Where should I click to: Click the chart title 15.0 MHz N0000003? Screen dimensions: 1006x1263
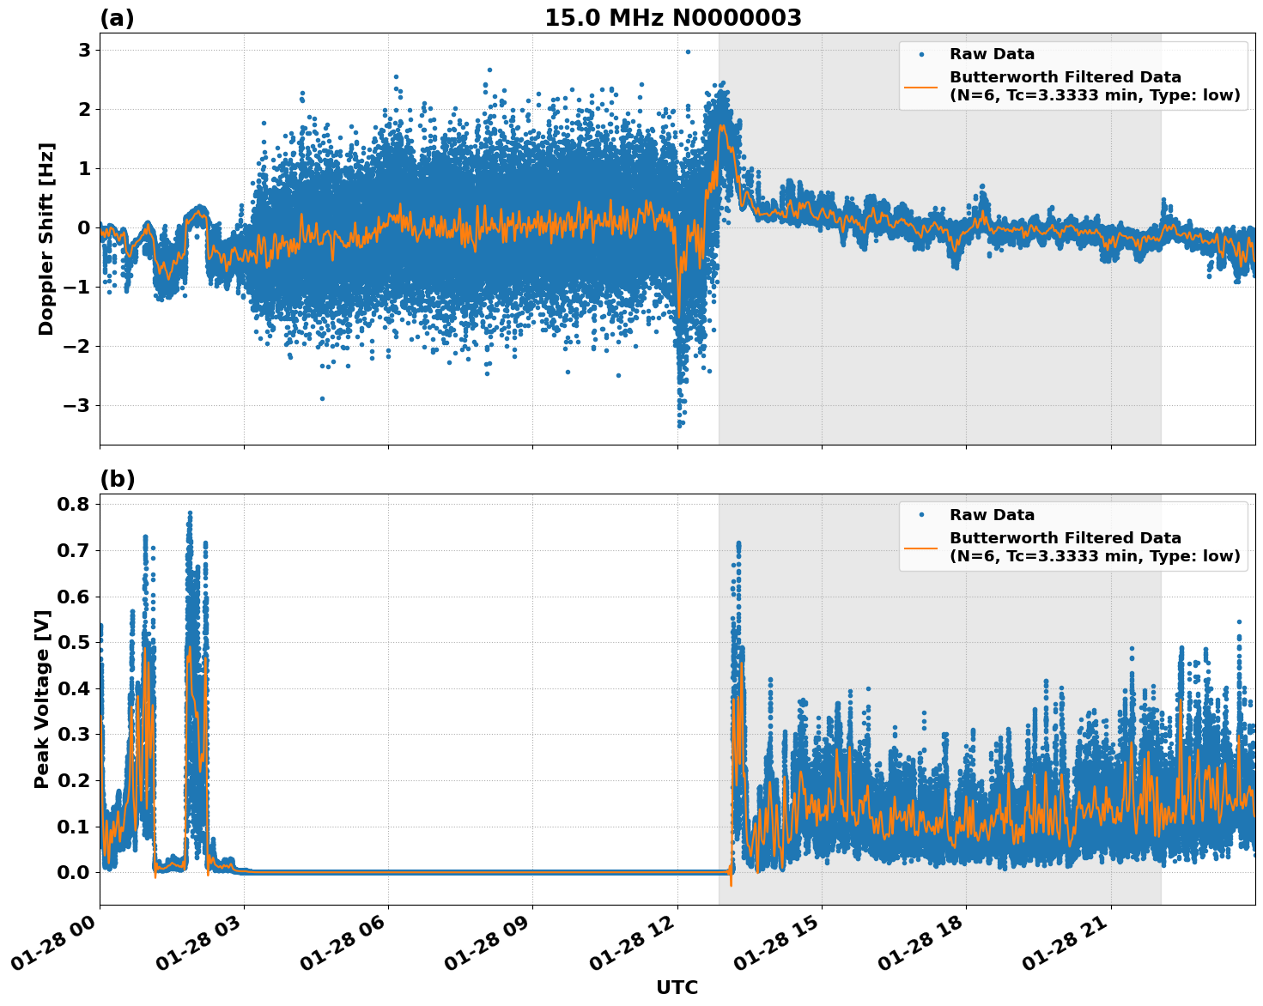672,18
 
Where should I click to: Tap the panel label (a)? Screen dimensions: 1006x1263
117,18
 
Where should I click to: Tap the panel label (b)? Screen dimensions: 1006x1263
118,479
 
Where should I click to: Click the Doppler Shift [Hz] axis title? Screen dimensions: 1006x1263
46,239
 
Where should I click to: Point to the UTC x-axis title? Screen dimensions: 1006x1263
677,987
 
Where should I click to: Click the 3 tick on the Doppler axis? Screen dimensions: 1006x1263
84,50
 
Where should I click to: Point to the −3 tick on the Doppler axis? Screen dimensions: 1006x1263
78,405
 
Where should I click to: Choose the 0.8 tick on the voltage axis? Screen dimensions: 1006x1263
73,504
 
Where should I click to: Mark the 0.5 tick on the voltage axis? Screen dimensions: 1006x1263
73,642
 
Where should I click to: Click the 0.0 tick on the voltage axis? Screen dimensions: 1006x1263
73,872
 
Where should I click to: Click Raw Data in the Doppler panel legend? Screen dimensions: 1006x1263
992,54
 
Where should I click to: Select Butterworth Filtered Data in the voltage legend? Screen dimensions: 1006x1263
1065,538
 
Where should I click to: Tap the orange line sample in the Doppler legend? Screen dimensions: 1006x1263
921,86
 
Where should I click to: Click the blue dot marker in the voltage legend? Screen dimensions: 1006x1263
921,515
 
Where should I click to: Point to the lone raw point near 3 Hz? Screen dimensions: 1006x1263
688,52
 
